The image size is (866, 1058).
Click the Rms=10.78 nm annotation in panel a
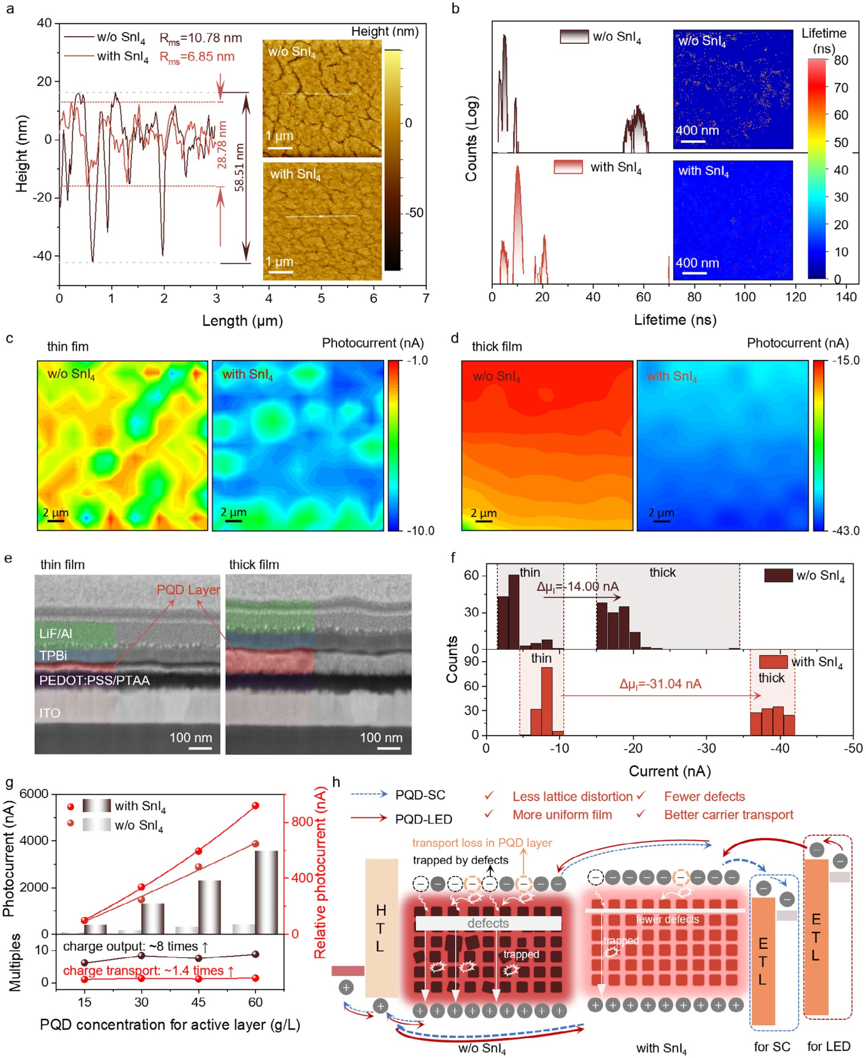pos(201,38)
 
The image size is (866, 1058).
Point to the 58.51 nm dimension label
pos(240,168)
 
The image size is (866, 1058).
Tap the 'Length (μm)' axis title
pos(243,321)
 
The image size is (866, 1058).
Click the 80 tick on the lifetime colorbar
pos(841,60)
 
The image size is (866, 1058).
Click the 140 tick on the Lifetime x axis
pos(846,297)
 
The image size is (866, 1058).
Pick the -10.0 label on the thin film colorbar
pos(420,531)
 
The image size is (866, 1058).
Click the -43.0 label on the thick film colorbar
pos(846,531)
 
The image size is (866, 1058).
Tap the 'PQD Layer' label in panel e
pos(188,590)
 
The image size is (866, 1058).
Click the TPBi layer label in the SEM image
pos(53,655)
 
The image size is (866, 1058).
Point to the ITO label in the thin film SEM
pos(50,713)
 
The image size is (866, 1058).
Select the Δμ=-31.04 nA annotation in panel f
pos(660,684)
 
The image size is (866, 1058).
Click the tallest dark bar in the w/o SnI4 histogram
pos(513,612)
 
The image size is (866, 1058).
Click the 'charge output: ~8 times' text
pos(135,947)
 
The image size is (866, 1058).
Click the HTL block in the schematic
pos(382,928)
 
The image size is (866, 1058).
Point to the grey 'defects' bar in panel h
pos(488,923)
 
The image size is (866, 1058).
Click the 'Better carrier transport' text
pos(728,815)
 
